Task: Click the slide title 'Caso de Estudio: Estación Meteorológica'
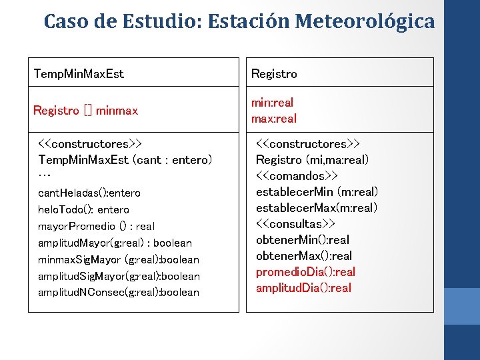(x=239, y=21)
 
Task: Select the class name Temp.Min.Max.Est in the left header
(x=79, y=73)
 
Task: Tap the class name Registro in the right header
(x=274, y=73)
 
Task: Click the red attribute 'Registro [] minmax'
(x=85, y=110)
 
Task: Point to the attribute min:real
(x=272, y=103)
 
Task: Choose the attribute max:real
(x=273, y=119)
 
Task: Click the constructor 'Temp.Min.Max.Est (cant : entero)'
(x=125, y=160)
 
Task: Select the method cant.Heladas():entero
(x=89, y=193)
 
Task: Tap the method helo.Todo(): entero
(x=84, y=210)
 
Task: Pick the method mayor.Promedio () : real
(x=96, y=227)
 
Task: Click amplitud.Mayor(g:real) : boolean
(x=115, y=243)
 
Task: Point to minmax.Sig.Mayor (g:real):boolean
(x=119, y=259)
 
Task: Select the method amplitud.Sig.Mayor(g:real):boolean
(x=119, y=276)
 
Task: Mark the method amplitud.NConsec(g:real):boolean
(x=119, y=292)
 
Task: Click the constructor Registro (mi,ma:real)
(x=312, y=160)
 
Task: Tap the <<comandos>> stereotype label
(x=297, y=176)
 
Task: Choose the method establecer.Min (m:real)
(x=317, y=192)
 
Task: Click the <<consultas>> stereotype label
(x=295, y=224)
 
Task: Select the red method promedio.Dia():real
(x=305, y=272)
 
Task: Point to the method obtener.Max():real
(x=303, y=256)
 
